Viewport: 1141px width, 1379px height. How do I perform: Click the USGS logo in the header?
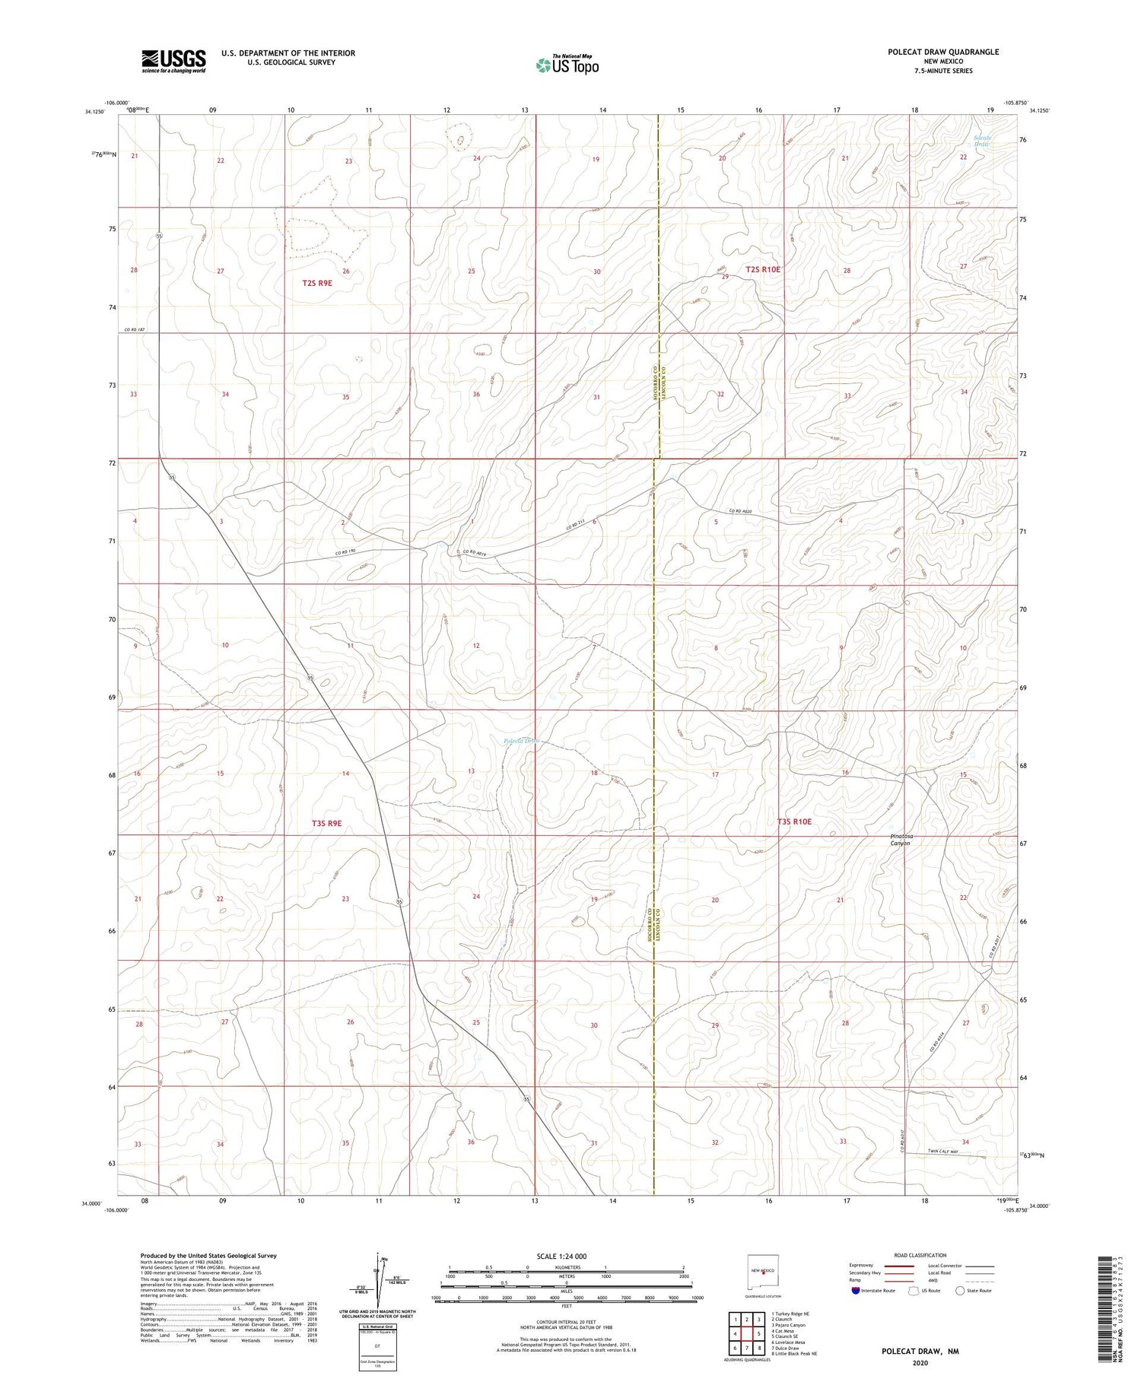[x=173, y=61]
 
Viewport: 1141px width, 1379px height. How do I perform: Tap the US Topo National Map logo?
[x=567, y=65]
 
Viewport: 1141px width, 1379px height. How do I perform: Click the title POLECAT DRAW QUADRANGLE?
[x=942, y=52]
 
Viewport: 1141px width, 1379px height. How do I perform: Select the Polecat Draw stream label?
[x=521, y=741]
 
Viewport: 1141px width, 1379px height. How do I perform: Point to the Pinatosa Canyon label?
[x=901, y=839]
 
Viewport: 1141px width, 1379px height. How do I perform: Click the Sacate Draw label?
[x=982, y=140]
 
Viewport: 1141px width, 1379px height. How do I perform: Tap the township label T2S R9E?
[x=317, y=283]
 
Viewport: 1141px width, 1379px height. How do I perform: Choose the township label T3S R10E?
[x=799, y=821]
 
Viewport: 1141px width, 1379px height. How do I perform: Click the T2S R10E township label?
[x=763, y=269]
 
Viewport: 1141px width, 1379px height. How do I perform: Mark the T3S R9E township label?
[x=326, y=823]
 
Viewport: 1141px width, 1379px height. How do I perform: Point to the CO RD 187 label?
[x=135, y=329]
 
